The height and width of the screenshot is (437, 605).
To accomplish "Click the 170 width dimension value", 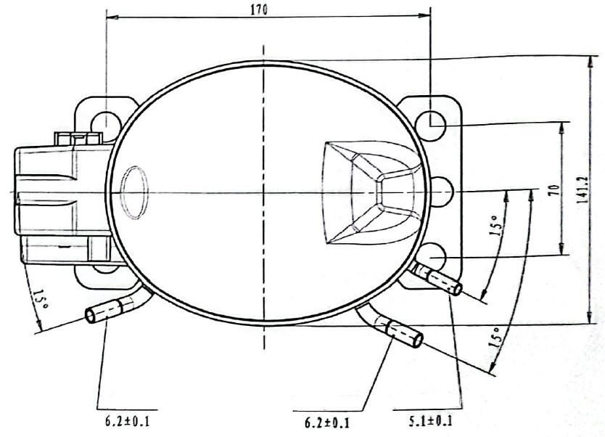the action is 258,9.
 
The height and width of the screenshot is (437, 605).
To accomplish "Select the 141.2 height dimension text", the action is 583,190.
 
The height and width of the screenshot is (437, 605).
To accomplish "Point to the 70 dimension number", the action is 554,190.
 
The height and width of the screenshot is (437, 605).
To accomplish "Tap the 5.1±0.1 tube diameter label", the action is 430,420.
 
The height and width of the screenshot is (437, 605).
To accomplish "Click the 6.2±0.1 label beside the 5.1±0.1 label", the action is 327,422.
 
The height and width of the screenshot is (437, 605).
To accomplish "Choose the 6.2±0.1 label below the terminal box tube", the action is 127,421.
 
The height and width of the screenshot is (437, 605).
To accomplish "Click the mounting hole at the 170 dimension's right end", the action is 430,126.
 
